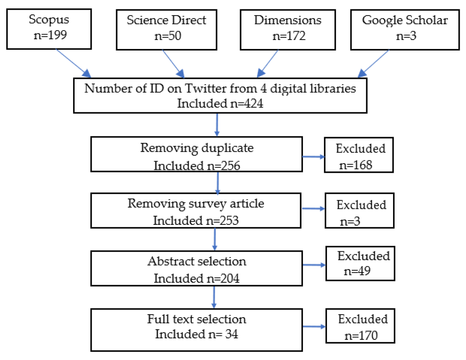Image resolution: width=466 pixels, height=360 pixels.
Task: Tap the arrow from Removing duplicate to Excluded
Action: pyautogui.click(x=313, y=157)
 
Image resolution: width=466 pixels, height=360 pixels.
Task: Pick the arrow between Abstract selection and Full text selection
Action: pyautogui.click(x=213, y=297)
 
